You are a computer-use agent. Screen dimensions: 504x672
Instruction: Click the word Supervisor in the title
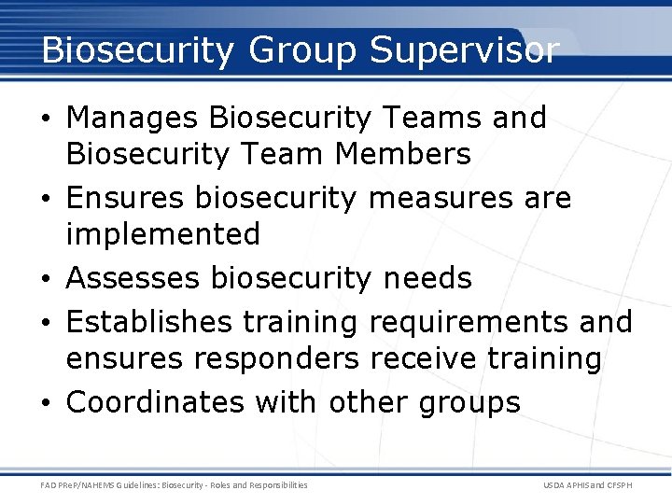[x=464, y=50]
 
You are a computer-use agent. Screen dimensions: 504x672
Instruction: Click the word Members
[x=406, y=153]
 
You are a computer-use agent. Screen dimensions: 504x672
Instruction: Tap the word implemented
[x=162, y=234]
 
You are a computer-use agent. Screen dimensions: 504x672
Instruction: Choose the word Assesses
[x=134, y=278]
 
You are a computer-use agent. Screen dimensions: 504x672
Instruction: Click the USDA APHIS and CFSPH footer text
[x=586, y=485]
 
